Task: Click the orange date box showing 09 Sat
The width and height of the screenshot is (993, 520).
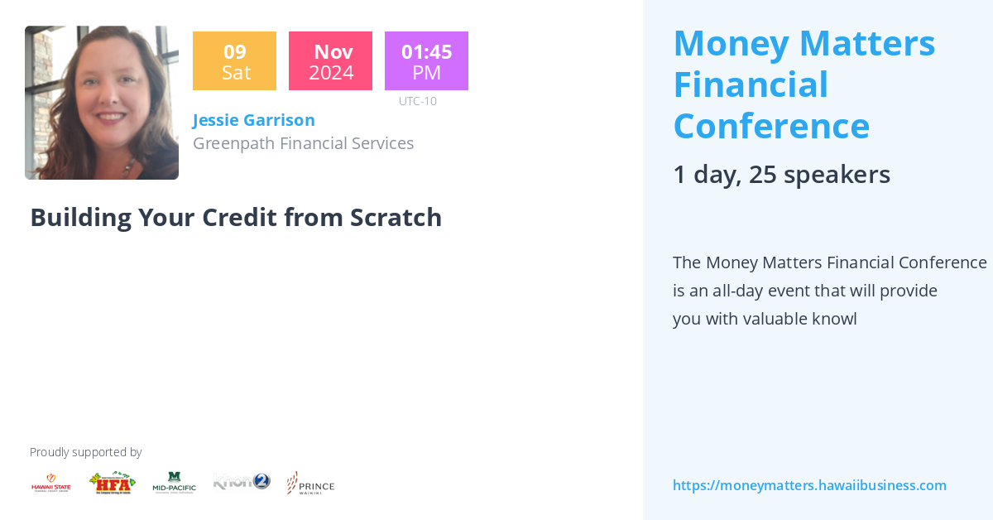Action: coord(234,61)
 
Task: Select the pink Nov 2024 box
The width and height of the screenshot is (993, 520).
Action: coord(330,61)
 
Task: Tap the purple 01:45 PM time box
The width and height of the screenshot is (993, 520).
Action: coord(426,61)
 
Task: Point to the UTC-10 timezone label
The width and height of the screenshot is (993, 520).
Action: coord(417,101)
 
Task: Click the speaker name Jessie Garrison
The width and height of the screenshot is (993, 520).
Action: coord(253,120)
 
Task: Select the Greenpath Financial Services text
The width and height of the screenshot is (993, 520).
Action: coord(303,143)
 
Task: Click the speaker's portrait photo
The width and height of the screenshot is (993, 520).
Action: coord(102,103)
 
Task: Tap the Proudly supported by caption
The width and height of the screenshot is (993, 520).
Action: coord(85,452)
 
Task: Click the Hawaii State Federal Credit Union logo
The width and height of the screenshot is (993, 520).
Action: coord(51,483)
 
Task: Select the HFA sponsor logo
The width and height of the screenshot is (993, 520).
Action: coord(112,482)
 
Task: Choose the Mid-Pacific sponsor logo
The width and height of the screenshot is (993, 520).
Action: coord(174,483)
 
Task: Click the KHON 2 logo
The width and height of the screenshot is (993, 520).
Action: coord(242,481)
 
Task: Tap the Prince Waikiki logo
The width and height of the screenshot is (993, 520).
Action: coord(310,484)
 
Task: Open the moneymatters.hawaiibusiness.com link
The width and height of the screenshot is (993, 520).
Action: coord(809,485)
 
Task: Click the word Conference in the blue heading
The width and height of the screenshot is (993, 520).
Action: coord(771,126)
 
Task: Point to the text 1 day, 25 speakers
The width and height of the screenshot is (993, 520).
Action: coord(781,175)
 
